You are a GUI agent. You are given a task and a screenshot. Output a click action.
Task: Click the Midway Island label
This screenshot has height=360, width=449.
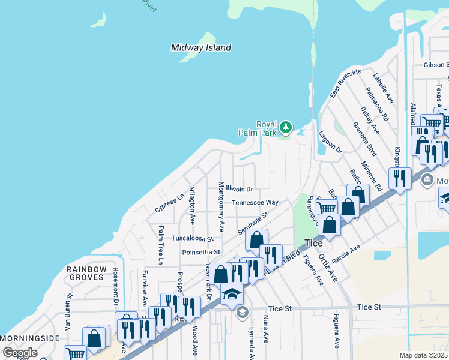tap(200, 47)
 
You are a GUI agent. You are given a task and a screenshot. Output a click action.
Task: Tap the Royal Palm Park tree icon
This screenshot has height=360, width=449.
tap(286, 127)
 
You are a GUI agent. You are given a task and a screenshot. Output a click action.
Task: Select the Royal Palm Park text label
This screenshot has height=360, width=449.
tap(266, 129)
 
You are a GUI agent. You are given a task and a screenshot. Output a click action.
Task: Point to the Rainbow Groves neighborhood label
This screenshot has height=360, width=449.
tap(86, 274)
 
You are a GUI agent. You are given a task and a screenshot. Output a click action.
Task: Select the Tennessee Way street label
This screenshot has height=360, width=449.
tap(255, 203)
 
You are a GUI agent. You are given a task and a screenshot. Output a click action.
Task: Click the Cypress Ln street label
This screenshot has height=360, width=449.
tap(170, 203)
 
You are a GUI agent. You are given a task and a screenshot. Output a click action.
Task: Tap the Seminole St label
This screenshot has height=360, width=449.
tap(250, 223)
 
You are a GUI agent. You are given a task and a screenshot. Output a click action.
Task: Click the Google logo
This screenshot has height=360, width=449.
tap(20, 353)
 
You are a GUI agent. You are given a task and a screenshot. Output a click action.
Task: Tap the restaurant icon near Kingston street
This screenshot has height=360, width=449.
tap(399, 178)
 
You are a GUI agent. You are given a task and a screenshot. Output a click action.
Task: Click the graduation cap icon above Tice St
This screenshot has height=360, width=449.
tap(232, 295)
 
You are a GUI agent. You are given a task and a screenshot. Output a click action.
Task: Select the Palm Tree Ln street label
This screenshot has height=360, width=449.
tap(161, 245)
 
